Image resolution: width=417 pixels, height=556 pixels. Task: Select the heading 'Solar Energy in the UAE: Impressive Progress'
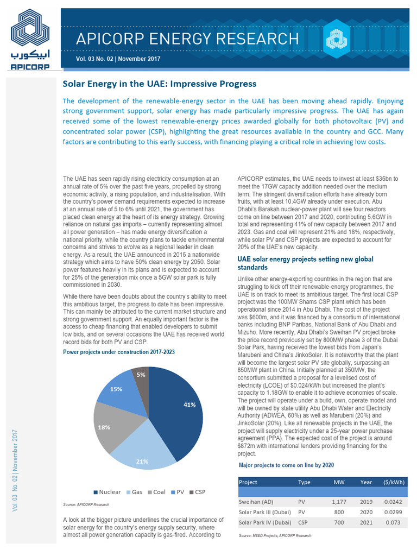click(160, 84)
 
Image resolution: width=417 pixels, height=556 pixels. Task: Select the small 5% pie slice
click(141, 375)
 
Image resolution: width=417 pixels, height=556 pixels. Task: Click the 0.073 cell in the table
click(392, 522)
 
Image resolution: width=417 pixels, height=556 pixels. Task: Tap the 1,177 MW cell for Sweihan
click(339, 502)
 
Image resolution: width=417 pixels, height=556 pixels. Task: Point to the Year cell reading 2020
click(366, 512)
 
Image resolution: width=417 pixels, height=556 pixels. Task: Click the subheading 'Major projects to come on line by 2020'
click(286, 465)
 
